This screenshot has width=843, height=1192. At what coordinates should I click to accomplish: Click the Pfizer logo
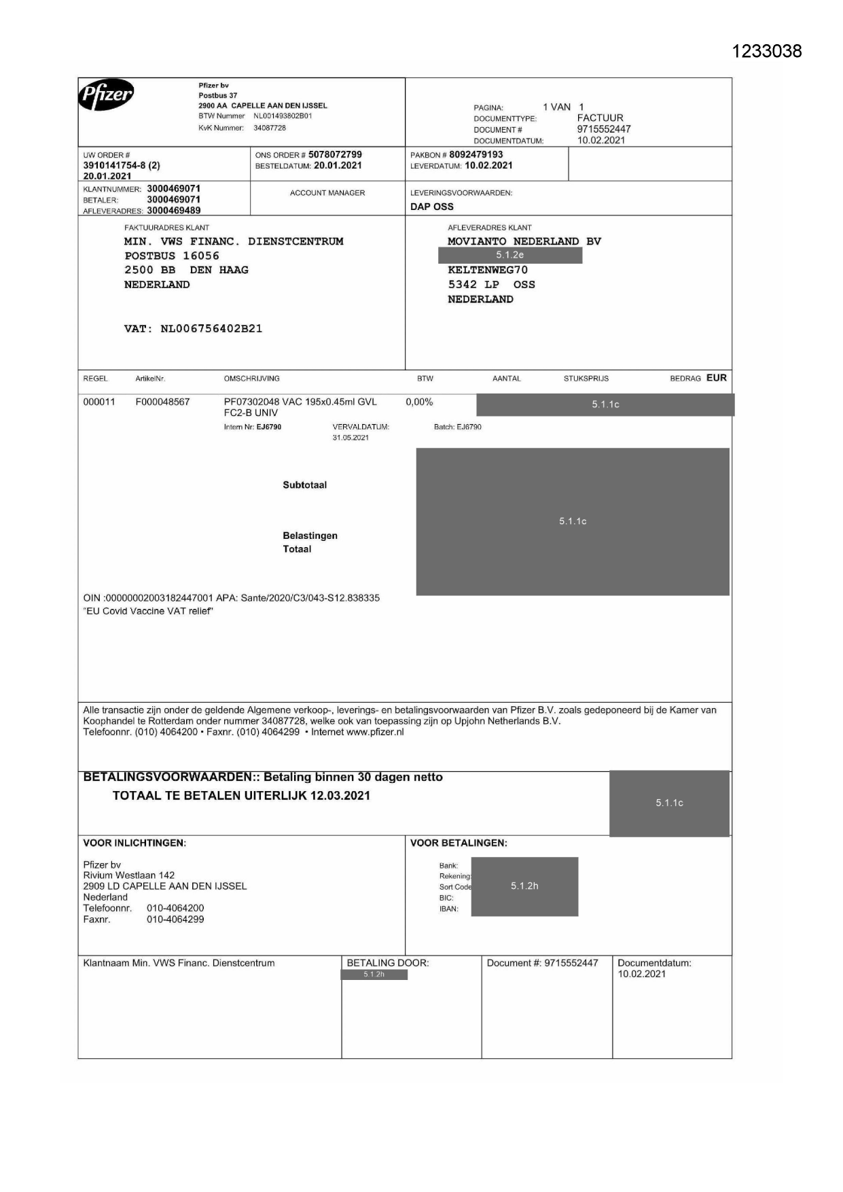tap(106, 95)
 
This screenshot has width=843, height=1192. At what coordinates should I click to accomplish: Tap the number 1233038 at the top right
tap(767, 52)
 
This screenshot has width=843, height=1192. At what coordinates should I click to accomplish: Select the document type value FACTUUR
tap(600, 118)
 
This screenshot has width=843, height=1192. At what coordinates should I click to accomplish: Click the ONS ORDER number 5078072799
tap(335, 155)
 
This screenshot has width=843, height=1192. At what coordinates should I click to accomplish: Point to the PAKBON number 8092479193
tap(476, 155)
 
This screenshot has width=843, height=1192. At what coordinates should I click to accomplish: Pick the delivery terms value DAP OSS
tap(432, 207)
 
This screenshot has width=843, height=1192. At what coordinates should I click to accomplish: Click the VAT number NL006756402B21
tap(211, 329)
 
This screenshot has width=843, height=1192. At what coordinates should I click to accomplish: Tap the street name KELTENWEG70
tap(488, 270)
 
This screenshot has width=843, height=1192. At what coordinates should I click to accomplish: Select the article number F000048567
tap(162, 402)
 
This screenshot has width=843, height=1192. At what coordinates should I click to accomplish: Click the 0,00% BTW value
tap(419, 402)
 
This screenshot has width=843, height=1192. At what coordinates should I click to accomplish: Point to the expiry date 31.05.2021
tap(351, 438)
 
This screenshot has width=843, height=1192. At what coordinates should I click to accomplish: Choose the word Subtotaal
tap(304, 485)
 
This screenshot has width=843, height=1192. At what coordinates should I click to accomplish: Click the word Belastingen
tap(310, 536)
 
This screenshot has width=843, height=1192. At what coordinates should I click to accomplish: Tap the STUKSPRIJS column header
tap(586, 379)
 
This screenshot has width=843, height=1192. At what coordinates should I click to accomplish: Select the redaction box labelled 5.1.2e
tap(510, 256)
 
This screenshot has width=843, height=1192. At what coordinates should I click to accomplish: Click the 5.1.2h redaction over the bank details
tap(524, 886)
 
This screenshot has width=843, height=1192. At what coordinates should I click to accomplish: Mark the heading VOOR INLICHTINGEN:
tap(134, 843)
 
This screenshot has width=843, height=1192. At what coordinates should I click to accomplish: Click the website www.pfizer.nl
tap(375, 733)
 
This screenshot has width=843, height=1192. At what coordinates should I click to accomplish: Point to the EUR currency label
tap(717, 379)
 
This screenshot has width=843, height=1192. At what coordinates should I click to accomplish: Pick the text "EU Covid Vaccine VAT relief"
tap(148, 612)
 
